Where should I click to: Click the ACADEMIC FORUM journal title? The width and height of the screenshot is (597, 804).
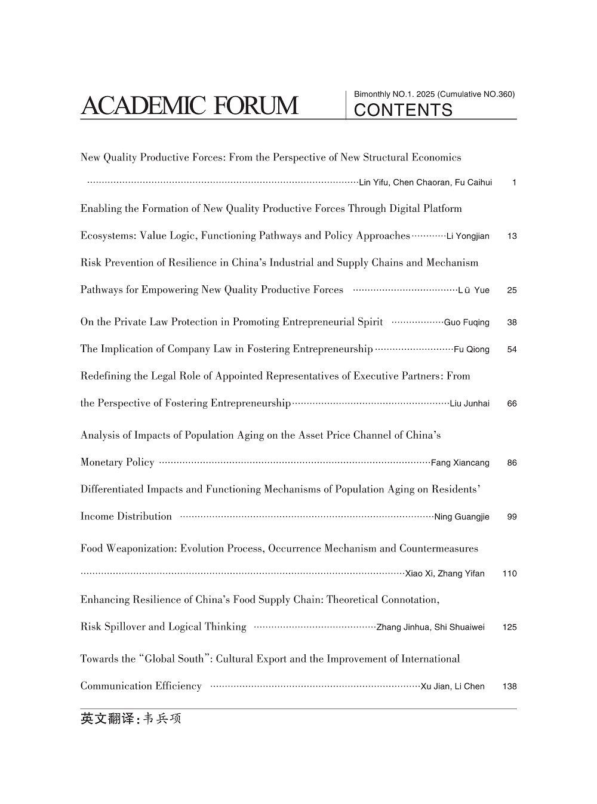189,106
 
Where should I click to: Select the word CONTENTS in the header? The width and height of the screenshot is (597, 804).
404,110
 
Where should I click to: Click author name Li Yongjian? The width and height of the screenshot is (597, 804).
467,236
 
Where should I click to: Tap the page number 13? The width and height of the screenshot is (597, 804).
512,236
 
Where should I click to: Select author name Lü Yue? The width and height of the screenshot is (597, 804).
473,291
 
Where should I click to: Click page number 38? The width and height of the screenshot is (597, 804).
512,323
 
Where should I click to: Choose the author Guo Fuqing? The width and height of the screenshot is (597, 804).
466,323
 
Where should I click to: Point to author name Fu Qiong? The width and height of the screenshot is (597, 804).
471,350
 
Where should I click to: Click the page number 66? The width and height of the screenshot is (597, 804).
512,404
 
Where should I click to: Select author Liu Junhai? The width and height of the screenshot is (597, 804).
469,404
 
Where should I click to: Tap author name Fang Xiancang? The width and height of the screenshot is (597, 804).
460,463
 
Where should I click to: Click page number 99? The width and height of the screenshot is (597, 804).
512,517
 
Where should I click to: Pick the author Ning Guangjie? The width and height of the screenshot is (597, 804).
461,517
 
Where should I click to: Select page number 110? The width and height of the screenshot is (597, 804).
509,574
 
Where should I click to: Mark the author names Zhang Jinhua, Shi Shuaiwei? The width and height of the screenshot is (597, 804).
430,627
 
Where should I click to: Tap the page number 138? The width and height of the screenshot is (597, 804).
509,687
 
